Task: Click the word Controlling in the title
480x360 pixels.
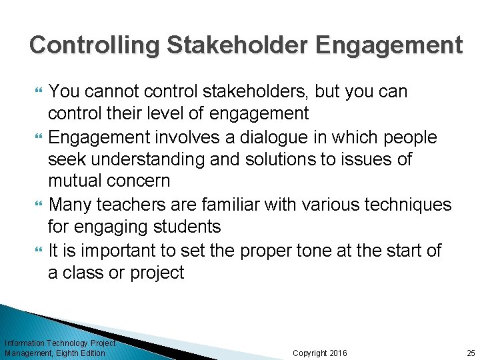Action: click(x=94, y=45)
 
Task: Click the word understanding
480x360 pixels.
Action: click(x=149, y=160)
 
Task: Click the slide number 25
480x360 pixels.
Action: click(x=471, y=353)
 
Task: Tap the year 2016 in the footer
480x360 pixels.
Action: click(x=338, y=353)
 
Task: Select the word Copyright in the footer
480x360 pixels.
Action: click(x=310, y=353)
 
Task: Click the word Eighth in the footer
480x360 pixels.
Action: click(x=70, y=353)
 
